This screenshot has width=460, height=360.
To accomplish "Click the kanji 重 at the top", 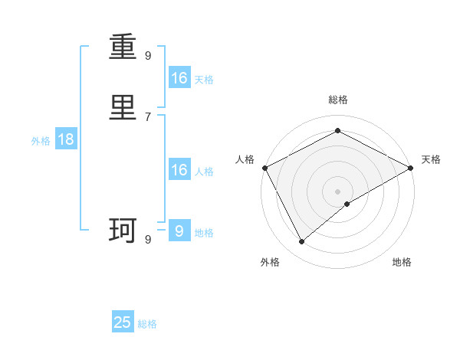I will (123, 51).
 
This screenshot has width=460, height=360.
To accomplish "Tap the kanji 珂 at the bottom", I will (123, 231).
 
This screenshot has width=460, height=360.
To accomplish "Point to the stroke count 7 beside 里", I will (148, 116).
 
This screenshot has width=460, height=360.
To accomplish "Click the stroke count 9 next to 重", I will (148, 55).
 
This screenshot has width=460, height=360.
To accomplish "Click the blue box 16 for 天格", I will (179, 78).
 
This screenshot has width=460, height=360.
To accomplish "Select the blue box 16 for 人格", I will (179, 170).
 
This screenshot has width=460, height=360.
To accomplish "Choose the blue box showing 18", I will (66, 139).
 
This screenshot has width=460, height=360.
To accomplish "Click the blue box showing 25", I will (123, 322).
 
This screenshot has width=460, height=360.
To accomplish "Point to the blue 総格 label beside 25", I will (148, 324).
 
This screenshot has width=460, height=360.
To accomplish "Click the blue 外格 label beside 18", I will (41, 141).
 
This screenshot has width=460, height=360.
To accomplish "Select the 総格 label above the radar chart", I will (338, 100).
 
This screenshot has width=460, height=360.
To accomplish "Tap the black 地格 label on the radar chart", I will (402, 263).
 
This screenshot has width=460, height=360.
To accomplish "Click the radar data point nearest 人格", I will (264, 168).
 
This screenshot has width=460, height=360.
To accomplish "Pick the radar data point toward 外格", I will (302, 242).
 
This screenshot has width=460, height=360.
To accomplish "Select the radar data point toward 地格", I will (347, 204).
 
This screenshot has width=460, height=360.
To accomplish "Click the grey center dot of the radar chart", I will (338, 191).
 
